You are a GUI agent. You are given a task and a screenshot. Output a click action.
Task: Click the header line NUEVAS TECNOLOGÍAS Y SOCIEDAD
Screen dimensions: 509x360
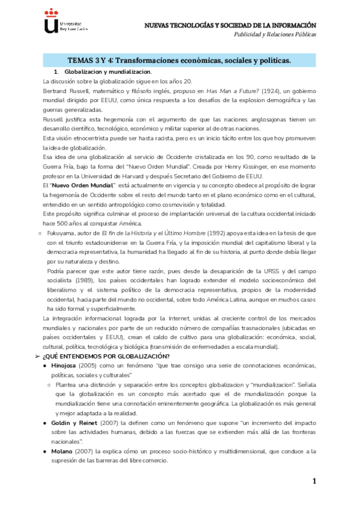click(x=230, y=25)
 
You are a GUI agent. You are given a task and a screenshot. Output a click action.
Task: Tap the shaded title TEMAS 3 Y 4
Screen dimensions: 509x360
click(x=179, y=60)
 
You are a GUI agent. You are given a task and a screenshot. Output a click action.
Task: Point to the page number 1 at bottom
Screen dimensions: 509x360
click(x=314, y=482)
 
